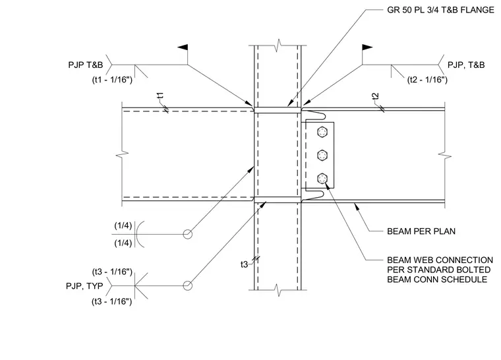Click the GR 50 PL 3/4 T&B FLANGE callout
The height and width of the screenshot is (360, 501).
coord(440,11)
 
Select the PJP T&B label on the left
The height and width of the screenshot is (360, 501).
coord(86,65)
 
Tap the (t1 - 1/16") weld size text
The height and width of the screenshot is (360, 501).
coord(112,80)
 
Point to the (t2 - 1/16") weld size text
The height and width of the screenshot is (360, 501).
coord(427,80)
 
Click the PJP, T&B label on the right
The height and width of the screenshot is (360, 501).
coord(466,65)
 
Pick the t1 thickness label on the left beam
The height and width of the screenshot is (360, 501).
coord(160,96)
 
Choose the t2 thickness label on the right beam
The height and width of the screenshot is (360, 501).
coord(376,96)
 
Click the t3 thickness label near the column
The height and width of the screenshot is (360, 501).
coord(244,264)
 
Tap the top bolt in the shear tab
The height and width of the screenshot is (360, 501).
coord(322,132)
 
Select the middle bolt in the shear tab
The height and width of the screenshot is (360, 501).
coord(322,156)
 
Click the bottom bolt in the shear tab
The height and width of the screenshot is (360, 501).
coord(322,179)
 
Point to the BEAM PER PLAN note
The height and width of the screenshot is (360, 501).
coord(421,231)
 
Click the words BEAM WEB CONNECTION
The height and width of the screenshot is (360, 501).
coord(440,260)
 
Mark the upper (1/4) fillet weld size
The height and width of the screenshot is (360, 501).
coord(123,225)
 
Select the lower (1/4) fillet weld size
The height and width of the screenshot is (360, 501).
coord(123,243)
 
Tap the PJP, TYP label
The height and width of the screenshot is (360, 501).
coord(84,286)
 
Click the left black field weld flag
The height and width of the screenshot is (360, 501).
coord(183,47)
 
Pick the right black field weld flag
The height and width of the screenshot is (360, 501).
coord(367,47)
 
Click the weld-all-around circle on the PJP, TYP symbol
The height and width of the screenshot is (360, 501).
coord(188,282)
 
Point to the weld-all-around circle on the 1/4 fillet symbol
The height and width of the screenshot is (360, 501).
coord(188,230)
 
